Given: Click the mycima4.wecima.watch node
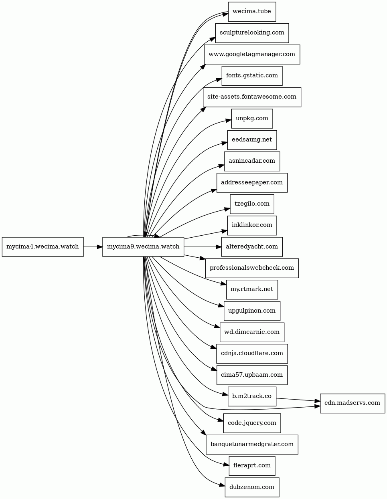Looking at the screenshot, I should [43, 246].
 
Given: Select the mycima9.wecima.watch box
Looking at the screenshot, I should [143, 246].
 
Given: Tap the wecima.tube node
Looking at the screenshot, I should [252, 12].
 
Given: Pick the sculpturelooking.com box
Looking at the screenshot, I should [252, 33].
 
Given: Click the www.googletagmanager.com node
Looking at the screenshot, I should [252, 54].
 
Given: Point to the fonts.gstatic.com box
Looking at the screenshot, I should [252, 76].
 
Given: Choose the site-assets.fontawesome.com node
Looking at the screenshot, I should [252, 97].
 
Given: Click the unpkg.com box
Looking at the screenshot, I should [252, 119].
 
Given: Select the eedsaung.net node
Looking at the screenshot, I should [252, 140].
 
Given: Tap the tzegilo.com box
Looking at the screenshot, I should [252, 204].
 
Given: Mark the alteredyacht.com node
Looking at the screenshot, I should [252, 247].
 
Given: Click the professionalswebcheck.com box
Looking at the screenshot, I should [252, 268].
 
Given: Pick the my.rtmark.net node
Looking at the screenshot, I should [252, 289].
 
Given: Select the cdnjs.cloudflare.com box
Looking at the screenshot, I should [252, 354].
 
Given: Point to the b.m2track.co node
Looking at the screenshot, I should [252, 396].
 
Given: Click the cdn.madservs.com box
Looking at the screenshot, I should [353, 403].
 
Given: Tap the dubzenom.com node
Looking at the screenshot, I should [252, 487].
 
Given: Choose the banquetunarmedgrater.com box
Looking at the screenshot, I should [252, 444].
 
